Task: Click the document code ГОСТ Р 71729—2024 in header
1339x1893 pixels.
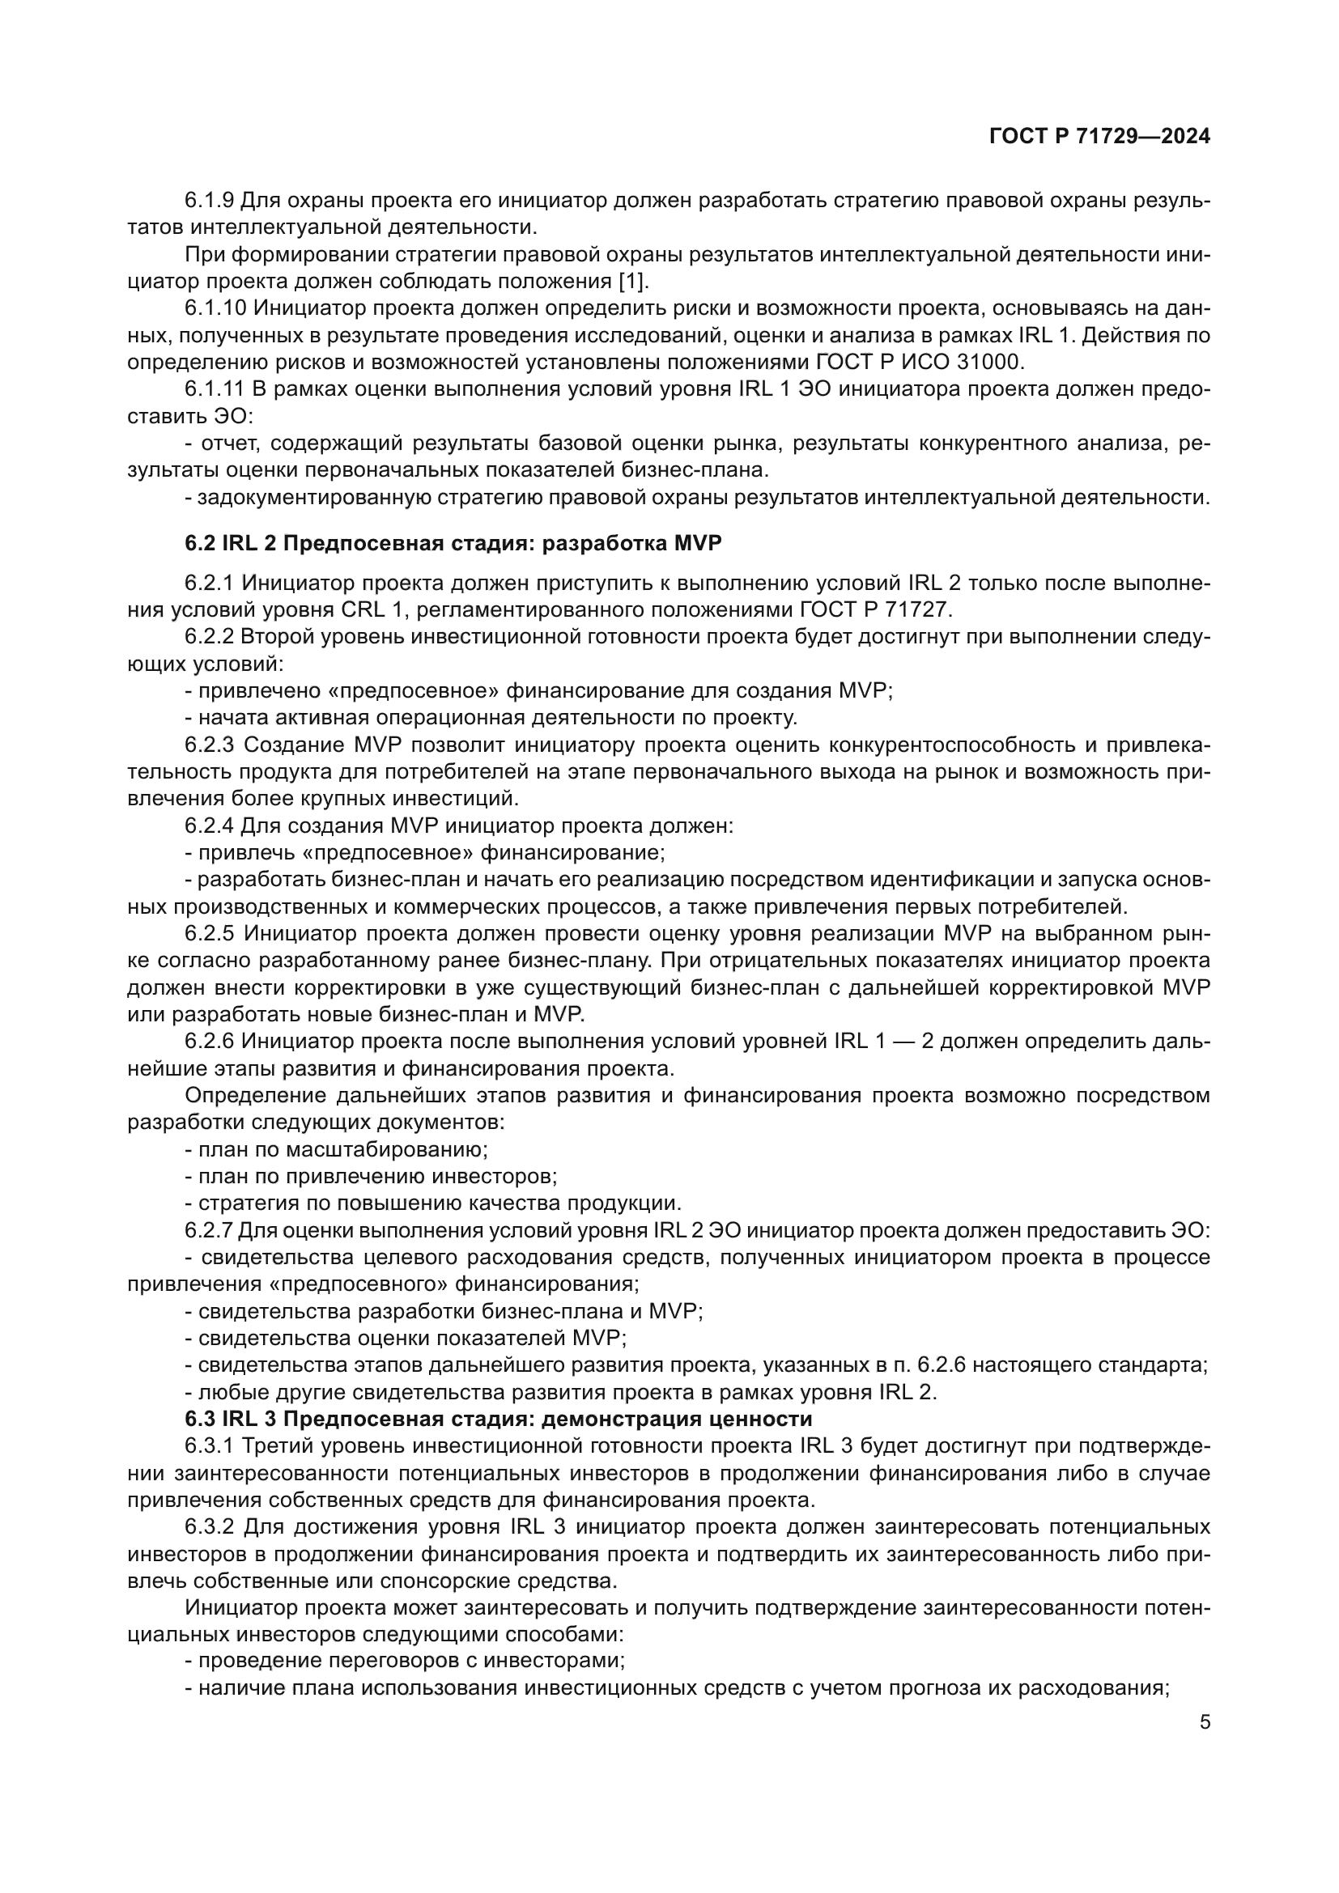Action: (x=1099, y=137)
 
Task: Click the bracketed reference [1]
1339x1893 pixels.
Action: (x=632, y=281)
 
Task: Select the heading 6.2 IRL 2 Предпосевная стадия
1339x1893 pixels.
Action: (x=453, y=543)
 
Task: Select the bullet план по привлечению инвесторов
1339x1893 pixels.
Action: (x=371, y=1176)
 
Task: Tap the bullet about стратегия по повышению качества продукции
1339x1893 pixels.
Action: (x=433, y=1203)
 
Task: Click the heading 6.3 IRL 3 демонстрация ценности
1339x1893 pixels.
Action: (x=498, y=1419)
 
